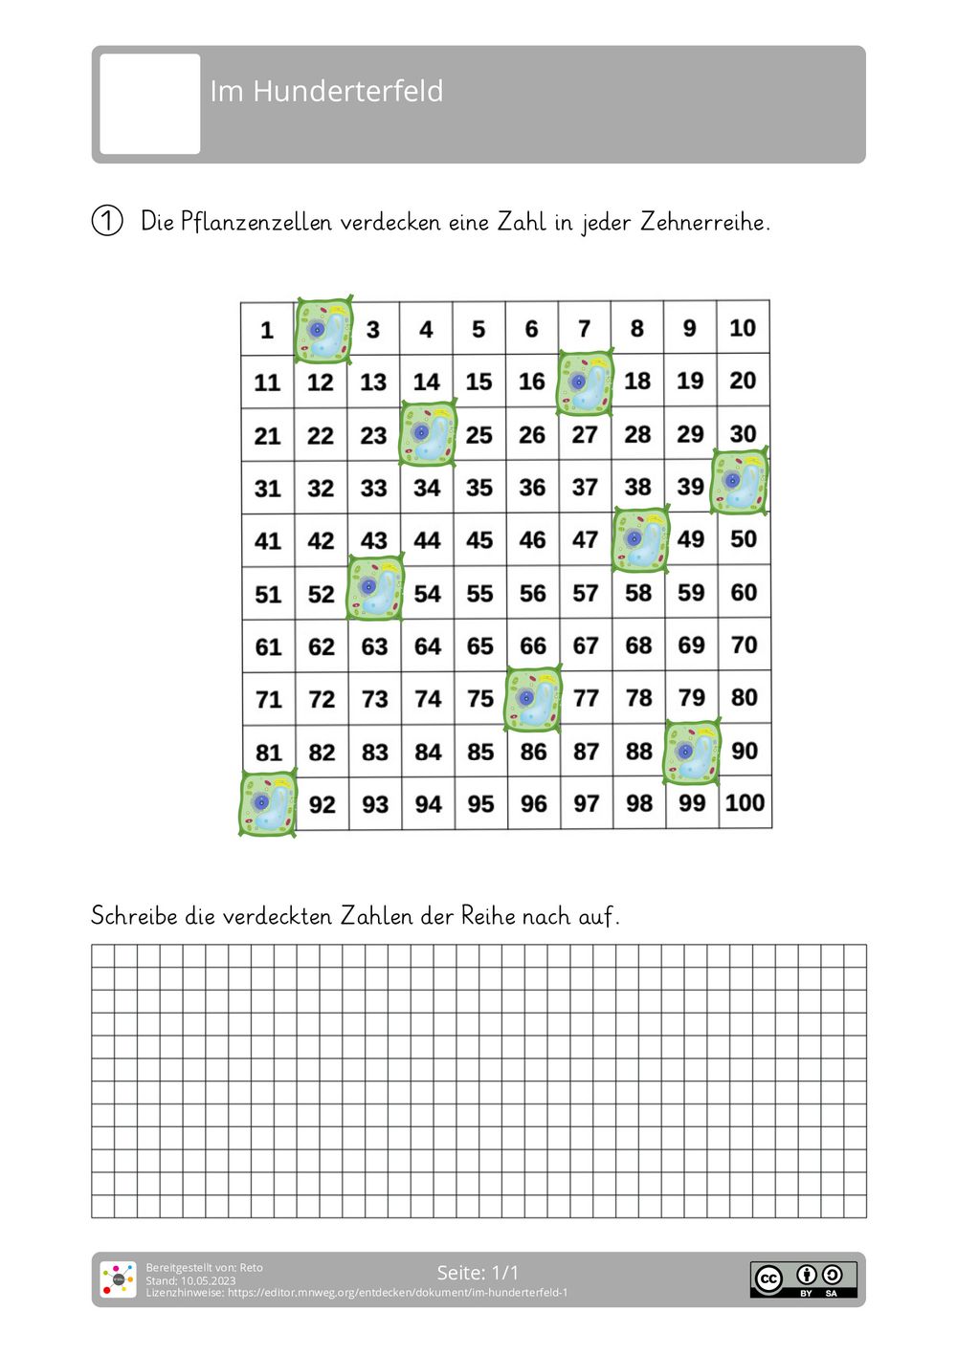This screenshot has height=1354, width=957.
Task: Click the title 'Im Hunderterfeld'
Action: click(326, 92)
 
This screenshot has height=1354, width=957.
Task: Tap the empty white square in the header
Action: click(150, 103)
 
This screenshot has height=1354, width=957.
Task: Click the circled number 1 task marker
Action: click(107, 221)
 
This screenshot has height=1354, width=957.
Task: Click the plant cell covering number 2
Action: click(323, 330)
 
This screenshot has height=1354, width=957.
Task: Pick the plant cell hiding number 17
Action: click(585, 382)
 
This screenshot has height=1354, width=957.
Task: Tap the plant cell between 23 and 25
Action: click(428, 434)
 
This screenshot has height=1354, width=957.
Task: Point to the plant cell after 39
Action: click(741, 483)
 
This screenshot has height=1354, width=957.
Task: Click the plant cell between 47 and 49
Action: click(640, 539)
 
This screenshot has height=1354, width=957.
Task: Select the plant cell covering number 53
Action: click(375, 589)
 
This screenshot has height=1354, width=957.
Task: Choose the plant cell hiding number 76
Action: click(533, 699)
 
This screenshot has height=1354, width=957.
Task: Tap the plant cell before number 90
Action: click(692, 752)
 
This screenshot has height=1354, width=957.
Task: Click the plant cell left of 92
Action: click(268, 804)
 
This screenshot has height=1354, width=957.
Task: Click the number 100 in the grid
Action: click(745, 803)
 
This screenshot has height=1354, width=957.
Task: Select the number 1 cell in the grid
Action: click(267, 331)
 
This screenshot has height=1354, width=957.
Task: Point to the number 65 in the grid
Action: click(480, 646)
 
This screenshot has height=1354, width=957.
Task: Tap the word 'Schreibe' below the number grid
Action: click(134, 916)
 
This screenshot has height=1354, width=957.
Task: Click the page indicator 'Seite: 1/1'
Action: click(478, 1273)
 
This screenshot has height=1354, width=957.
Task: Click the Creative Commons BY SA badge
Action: click(803, 1279)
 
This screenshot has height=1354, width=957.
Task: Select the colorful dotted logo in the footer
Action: click(119, 1279)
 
